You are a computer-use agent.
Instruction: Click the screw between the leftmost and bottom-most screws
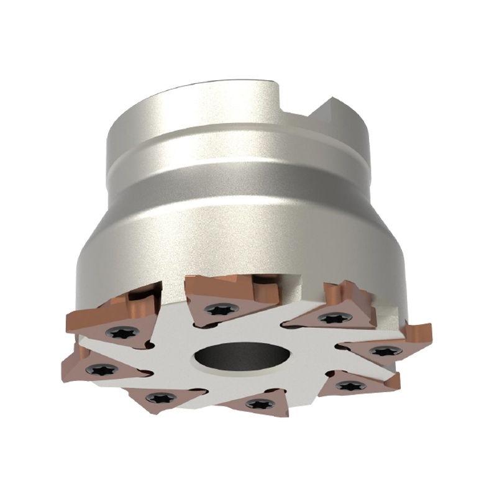click(x=153, y=396)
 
